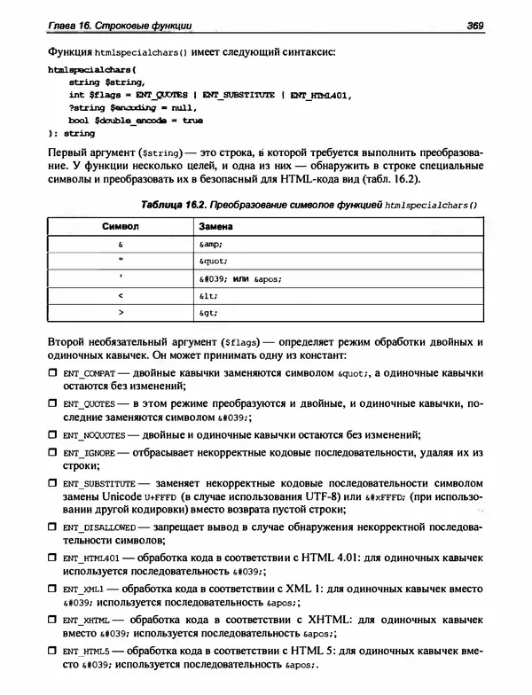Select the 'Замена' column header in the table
[215, 227]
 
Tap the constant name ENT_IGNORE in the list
[89, 453]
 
